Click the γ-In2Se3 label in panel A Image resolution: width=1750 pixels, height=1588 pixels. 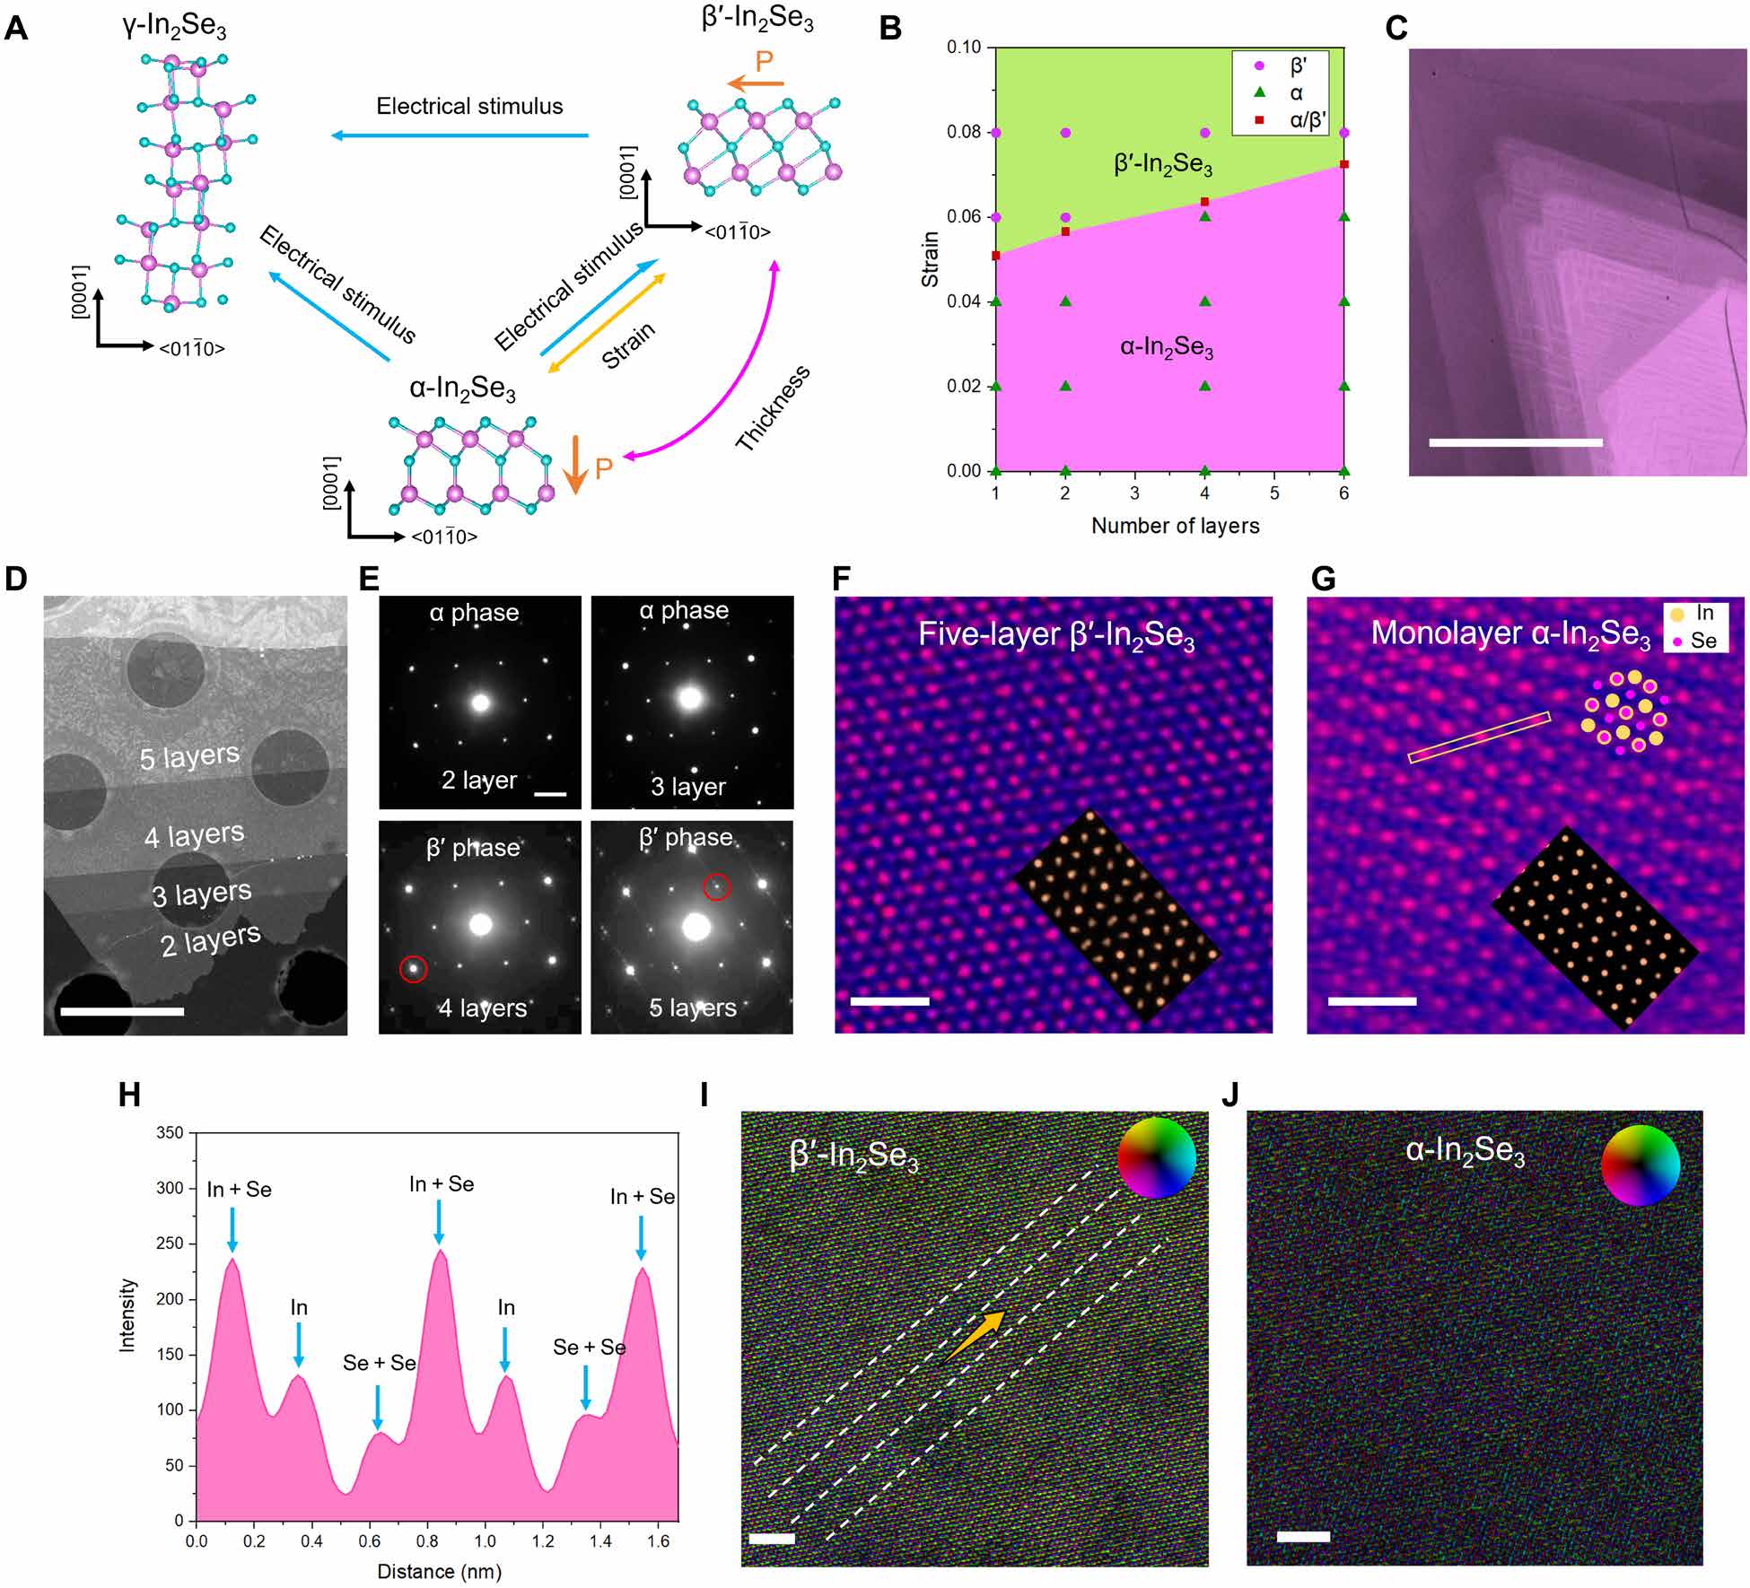pyautogui.click(x=174, y=26)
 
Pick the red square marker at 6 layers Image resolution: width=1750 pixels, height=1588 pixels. pyautogui.click(x=1343, y=164)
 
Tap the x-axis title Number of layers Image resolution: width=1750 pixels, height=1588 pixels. pyautogui.click(x=1175, y=527)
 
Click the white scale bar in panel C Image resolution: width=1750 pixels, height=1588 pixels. pyautogui.click(x=1515, y=442)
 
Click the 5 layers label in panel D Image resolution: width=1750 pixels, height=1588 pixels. pyautogui.click(x=189, y=757)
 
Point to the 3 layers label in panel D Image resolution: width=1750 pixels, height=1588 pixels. pyautogui.click(x=201, y=894)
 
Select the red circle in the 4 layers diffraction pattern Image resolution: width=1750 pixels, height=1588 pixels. pyautogui.click(x=413, y=968)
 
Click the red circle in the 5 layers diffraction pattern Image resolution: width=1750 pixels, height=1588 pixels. pyautogui.click(x=716, y=887)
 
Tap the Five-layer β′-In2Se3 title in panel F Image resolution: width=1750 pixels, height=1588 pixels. pyautogui.click(x=1055, y=635)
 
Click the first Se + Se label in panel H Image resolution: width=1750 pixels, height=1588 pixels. pyautogui.click(x=379, y=1363)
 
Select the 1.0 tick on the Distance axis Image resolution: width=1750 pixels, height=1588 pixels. pyautogui.click(x=485, y=1541)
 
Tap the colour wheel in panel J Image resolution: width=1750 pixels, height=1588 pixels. pyautogui.click(x=1640, y=1165)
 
